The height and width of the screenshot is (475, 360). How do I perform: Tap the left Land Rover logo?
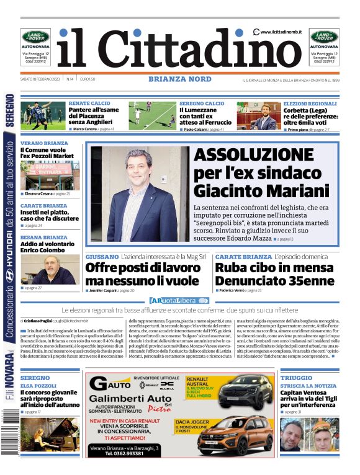(34, 36)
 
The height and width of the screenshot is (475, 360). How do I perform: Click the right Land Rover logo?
(324, 36)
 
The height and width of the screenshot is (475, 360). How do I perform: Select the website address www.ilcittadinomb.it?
(281, 32)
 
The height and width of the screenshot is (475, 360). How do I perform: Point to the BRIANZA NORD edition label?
(179, 79)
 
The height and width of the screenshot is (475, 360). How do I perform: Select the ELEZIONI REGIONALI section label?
(310, 103)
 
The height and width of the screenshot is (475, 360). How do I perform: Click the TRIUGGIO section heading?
(296, 377)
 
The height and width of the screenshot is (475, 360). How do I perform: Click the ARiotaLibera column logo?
(179, 301)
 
